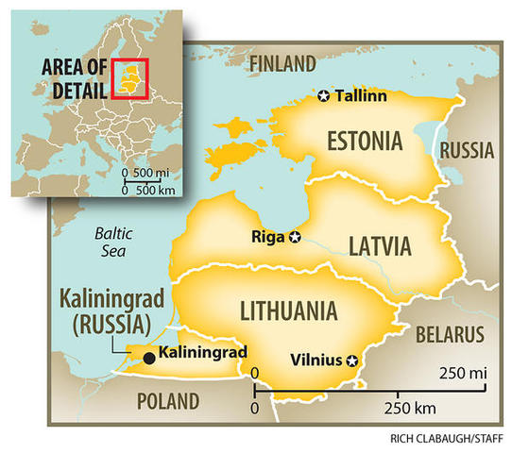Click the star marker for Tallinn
(x=324, y=95)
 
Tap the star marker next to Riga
(x=295, y=237)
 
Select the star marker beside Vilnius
(x=353, y=360)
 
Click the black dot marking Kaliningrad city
(x=149, y=359)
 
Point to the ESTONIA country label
(x=365, y=143)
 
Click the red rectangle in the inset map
(x=129, y=77)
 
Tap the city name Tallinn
(x=362, y=95)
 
